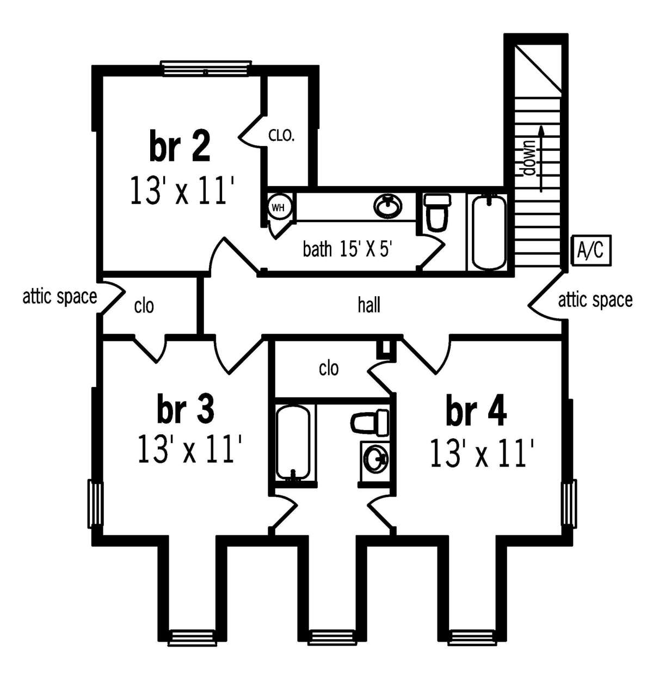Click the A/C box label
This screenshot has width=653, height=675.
pos(590,250)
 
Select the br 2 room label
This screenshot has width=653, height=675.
pos(180,145)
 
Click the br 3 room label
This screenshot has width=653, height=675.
pos(185,408)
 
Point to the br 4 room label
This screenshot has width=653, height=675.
pos(476,410)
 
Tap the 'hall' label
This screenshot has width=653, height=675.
pos(368,305)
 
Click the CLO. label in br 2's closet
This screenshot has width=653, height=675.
pos(281,136)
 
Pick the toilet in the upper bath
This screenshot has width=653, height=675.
pos(437,212)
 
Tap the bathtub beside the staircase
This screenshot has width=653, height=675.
pos(488,232)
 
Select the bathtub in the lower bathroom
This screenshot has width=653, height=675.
pos(293,442)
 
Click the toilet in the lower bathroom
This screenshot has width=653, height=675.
pos(369,422)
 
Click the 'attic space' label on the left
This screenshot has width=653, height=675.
pos(60,297)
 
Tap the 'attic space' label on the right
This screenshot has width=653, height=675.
pos(595,300)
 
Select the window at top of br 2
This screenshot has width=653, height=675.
pos(206,68)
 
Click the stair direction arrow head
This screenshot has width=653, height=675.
pos(540,130)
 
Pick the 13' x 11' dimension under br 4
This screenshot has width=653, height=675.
pos(481,453)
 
